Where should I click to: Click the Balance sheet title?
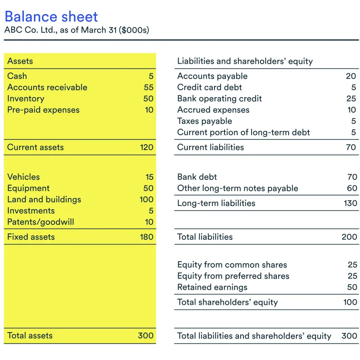[51, 17]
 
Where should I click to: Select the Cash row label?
[17, 76]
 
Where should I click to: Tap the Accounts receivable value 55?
[148, 87]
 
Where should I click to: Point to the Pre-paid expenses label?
[43, 110]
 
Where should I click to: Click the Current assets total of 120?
[146, 148]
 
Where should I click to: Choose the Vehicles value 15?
[150, 177]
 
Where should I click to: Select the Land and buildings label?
[44, 200]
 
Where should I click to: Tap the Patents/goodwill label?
[40, 222]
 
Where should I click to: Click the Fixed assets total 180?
[146, 237]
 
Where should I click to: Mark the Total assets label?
[30, 336]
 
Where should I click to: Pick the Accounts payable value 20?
[351, 76]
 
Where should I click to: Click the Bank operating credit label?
[219, 99]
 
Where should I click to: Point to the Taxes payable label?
[204, 121]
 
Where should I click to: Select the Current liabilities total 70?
[351, 148]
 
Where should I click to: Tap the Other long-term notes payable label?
[237, 188]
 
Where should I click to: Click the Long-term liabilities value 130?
[350, 203]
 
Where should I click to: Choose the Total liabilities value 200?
[349, 237]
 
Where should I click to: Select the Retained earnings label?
[212, 287]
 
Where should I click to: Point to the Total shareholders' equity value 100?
[350, 302]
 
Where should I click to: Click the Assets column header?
[20, 61]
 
